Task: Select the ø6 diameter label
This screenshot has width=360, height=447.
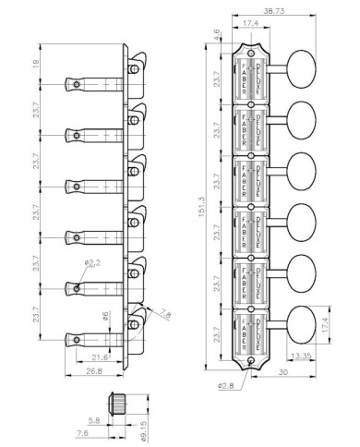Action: click(107, 317)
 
